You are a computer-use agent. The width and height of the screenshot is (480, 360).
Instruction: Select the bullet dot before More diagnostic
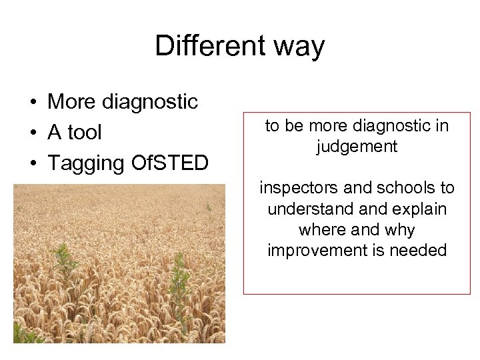click(x=32, y=103)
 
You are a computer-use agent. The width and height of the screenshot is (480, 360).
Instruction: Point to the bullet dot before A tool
click(x=32, y=133)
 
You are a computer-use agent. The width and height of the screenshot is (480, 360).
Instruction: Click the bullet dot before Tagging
click(x=32, y=164)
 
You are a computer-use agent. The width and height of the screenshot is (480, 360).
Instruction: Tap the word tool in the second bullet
click(x=85, y=133)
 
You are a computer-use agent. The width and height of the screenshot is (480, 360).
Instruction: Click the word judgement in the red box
click(x=357, y=147)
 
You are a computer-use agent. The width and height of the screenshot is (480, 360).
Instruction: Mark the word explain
click(x=420, y=209)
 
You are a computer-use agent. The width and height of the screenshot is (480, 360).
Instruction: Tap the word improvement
click(x=315, y=251)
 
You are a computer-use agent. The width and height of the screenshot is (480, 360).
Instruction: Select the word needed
click(x=420, y=251)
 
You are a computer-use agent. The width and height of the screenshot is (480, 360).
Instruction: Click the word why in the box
click(x=401, y=231)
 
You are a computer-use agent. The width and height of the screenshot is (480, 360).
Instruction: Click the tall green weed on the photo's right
click(x=178, y=293)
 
